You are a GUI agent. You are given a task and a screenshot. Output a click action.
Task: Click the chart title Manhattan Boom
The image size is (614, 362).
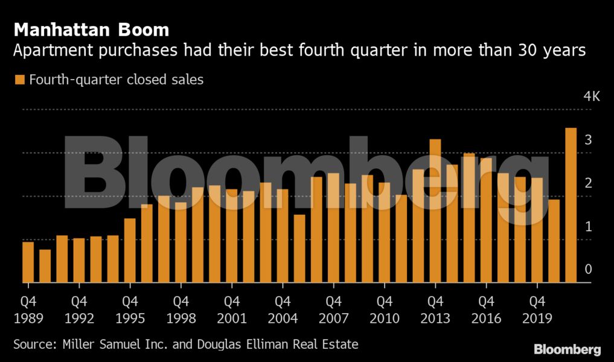coord(91,30)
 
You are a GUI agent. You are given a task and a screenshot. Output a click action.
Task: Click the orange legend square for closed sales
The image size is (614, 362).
coord(20,80)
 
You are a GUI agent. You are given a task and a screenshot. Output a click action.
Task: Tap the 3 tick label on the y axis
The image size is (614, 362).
coord(587,141)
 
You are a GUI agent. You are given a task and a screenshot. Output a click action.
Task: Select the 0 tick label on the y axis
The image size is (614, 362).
coord(587,270)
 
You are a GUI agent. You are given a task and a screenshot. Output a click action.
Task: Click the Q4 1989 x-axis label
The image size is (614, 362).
coord(28,310)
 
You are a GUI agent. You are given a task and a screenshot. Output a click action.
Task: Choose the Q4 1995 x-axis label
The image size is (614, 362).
coord(130,310)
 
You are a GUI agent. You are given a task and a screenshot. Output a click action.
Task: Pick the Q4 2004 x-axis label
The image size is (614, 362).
coord(283,310)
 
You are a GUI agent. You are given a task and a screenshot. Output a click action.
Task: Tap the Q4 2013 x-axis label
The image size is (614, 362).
coord(435,310)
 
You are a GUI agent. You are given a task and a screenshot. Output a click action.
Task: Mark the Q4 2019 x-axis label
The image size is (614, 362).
coord(537,310)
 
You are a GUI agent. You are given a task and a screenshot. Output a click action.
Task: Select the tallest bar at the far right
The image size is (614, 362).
coord(571,205)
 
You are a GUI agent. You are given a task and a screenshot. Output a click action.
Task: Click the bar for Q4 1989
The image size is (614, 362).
coord(28,262)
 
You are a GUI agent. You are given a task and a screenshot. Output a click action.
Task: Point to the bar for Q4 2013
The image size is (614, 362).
coord(435,211)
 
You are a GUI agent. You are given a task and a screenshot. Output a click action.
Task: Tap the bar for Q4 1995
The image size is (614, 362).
coord(130,250)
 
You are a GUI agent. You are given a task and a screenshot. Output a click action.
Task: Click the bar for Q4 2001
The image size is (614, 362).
coord(231,236)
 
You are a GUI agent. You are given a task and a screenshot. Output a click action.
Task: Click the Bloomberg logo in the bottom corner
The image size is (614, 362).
coord(567,349)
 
